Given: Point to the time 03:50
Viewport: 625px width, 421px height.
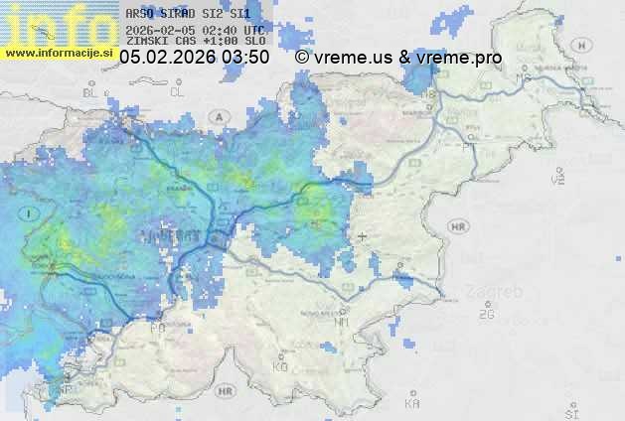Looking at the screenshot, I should [x=245, y=58].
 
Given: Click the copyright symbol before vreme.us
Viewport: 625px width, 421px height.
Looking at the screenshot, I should [x=302, y=58].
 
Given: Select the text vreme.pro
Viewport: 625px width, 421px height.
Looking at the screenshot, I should [x=459, y=58].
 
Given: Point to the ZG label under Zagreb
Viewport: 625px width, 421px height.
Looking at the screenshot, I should [x=486, y=315].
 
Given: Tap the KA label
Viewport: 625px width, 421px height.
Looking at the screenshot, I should [x=412, y=403].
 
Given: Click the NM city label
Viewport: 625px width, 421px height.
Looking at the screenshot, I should [x=343, y=322].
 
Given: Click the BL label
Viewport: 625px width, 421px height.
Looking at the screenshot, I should [x=92, y=91].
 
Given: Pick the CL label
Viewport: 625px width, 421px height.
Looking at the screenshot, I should [x=177, y=91].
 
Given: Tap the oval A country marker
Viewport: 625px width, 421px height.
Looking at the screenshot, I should [x=217, y=117].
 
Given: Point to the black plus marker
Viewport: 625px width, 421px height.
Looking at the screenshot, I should [x=363, y=236].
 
